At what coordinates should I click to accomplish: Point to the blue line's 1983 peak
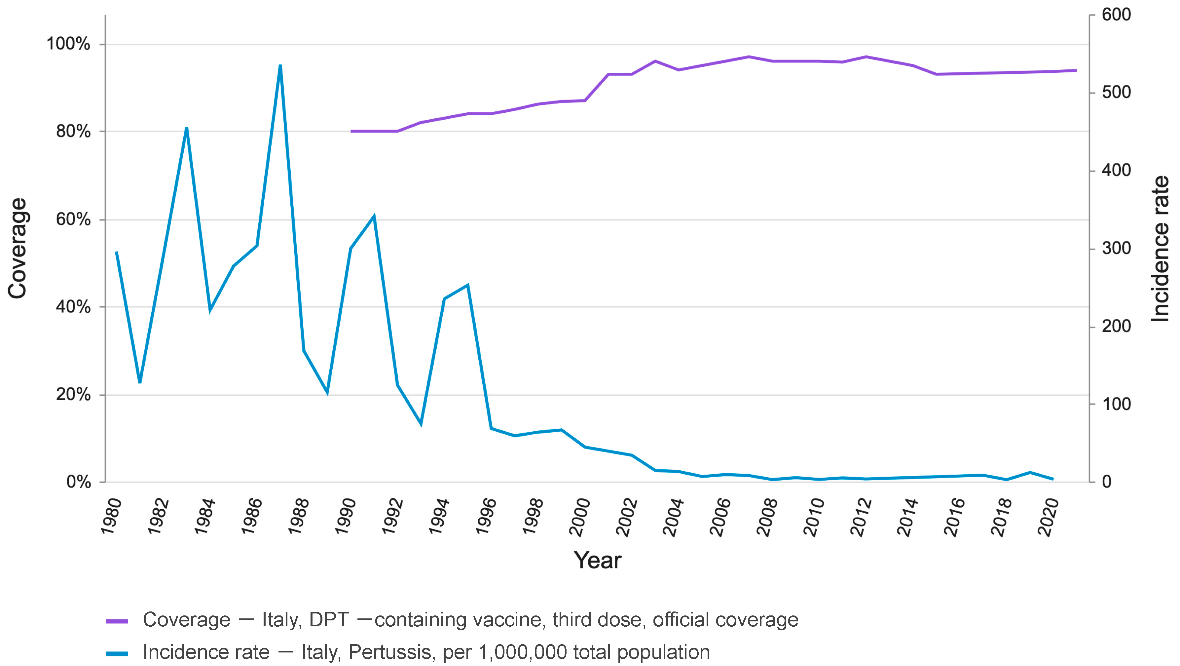[186, 128]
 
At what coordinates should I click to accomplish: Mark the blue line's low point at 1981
[140, 382]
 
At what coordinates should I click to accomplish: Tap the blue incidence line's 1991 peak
[374, 216]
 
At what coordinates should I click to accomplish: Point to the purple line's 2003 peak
[655, 61]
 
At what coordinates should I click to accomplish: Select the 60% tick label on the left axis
[73, 219]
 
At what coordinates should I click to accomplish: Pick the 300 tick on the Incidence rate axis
[1116, 249]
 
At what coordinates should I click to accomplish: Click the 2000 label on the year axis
[579, 517]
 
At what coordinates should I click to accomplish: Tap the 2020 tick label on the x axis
[1048, 517]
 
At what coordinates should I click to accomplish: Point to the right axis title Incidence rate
[1160, 249]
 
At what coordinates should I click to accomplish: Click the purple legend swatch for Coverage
[117, 621]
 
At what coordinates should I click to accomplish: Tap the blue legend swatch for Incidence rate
[117, 653]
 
